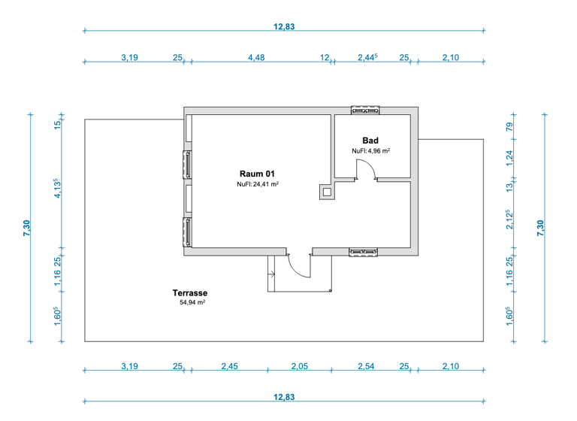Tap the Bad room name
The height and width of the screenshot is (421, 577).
(370, 141)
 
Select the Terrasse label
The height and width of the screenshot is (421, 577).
(189, 293)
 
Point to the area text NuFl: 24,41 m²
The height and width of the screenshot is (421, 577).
(258, 184)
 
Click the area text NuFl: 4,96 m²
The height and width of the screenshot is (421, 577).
(370, 151)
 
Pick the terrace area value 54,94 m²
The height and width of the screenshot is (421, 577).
(192, 303)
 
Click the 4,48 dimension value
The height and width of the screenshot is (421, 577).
(256, 57)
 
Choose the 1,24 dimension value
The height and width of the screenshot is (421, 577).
(509, 157)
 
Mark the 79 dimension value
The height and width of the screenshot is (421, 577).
(509, 126)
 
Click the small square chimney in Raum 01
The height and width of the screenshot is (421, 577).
(327, 192)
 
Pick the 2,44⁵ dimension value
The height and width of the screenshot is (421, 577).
(367, 57)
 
